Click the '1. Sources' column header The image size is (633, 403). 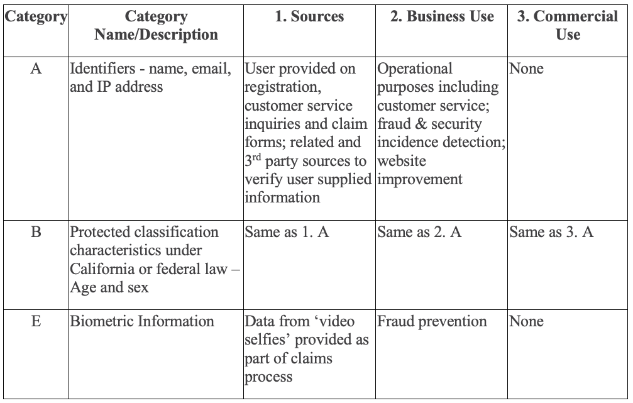(309, 17)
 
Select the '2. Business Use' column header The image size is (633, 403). (441, 17)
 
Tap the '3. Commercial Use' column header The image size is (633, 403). (567, 25)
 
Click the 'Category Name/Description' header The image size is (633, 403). (156, 25)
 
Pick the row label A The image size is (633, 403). (35, 69)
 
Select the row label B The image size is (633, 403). (35, 232)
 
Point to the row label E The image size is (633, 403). (35, 321)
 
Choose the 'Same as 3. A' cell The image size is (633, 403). (551, 232)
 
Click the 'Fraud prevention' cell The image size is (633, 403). (432, 321)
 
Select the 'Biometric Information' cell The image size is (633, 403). (142, 321)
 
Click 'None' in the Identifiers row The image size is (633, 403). (526, 69)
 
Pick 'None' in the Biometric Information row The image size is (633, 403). (526, 321)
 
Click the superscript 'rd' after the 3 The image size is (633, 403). (256, 157)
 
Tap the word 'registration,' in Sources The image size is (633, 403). (275, 87)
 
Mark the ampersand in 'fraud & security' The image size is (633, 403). (419, 124)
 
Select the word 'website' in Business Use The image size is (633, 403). (402, 161)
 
